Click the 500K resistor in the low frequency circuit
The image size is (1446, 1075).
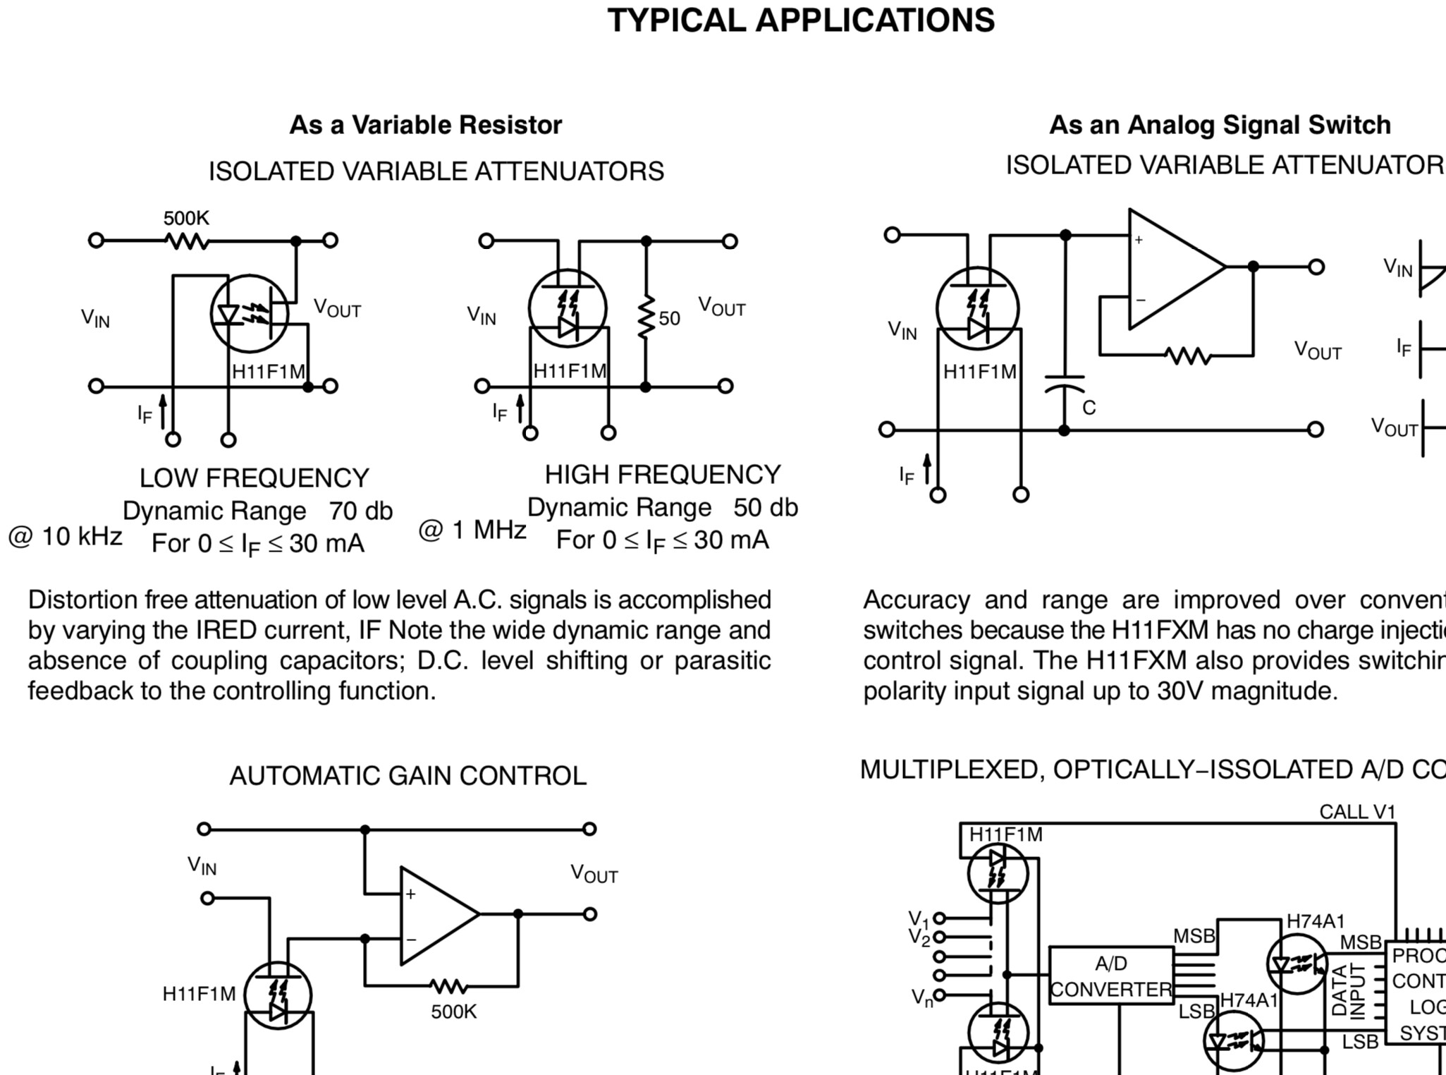click(187, 241)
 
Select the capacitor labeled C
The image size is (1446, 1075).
click(1065, 384)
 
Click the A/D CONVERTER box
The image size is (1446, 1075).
click(1111, 976)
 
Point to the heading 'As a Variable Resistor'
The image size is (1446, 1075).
click(425, 125)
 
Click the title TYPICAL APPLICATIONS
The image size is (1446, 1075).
click(800, 20)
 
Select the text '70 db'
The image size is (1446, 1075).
click(360, 511)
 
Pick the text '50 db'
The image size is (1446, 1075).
click(765, 508)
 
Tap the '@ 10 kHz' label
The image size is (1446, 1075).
click(65, 537)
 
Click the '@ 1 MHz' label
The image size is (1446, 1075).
click(472, 530)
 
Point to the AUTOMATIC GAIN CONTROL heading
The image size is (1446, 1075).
click(408, 776)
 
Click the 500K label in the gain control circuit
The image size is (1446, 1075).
click(453, 1012)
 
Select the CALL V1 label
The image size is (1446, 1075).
click(1356, 812)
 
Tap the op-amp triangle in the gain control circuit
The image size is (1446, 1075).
click(434, 915)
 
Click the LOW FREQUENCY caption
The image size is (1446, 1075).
click(254, 478)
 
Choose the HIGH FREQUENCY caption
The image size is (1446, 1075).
click(662, 475)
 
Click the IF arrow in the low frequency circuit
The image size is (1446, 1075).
click(163, 412)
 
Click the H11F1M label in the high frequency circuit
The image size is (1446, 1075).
click(569, 371)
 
